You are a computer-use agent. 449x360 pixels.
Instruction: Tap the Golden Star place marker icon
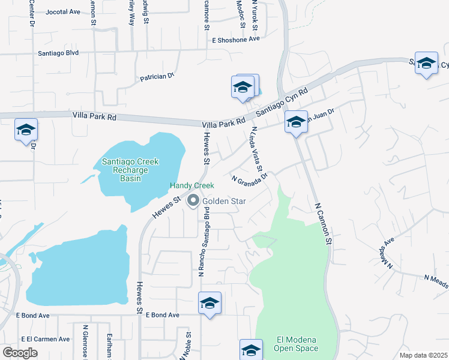[x=193, y=201]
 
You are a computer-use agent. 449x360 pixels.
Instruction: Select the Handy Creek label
[x=191, y=186]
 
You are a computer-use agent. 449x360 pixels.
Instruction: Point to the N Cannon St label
[x=324, y=224]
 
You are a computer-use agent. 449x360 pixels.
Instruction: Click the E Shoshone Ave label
[x=235, y=39]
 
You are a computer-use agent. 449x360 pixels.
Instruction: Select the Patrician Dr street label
[x=157, y=77]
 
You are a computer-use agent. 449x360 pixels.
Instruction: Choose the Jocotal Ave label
[x=62, y=11]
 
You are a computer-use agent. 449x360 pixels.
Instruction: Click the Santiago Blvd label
[x=59, y=53]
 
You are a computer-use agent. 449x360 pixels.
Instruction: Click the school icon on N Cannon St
[x=296, y=122]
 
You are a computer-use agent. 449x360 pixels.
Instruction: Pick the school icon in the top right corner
[x=426, y=63]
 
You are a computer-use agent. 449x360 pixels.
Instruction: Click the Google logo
[x=20, y=353]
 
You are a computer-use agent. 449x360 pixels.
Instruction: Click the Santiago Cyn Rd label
[x=282, y=101]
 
